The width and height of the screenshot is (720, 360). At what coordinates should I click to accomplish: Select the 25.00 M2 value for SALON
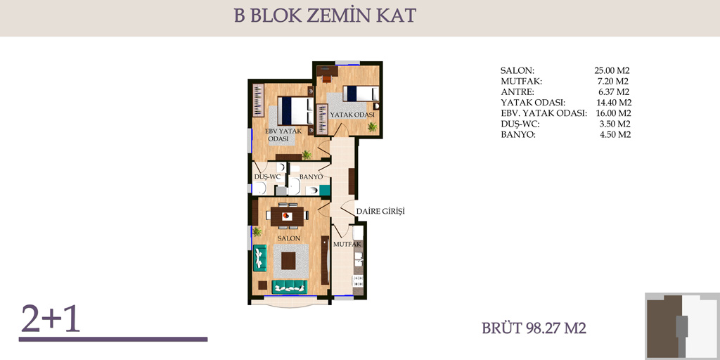point(611,71)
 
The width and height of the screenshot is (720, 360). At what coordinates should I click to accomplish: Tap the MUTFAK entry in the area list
point(521,82)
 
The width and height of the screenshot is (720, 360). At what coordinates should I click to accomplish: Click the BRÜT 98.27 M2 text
point(534,328)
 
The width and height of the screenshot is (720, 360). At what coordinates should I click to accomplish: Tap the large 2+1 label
point(51,319)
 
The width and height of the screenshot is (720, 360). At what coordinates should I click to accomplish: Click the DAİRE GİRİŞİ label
point(380,212)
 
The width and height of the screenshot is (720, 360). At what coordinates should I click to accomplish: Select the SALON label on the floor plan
point(289,239)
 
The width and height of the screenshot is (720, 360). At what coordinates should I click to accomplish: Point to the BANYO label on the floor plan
point(311,177)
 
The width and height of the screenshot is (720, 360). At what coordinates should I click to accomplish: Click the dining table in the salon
point(288,217)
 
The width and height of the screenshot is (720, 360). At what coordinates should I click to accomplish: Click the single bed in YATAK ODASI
point(361,95)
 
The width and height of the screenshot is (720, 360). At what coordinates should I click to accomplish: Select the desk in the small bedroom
point(328,71)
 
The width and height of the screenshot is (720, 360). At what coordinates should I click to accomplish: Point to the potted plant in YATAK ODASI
point(373,127)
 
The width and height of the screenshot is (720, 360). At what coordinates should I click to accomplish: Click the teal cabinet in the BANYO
point(325,190)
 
